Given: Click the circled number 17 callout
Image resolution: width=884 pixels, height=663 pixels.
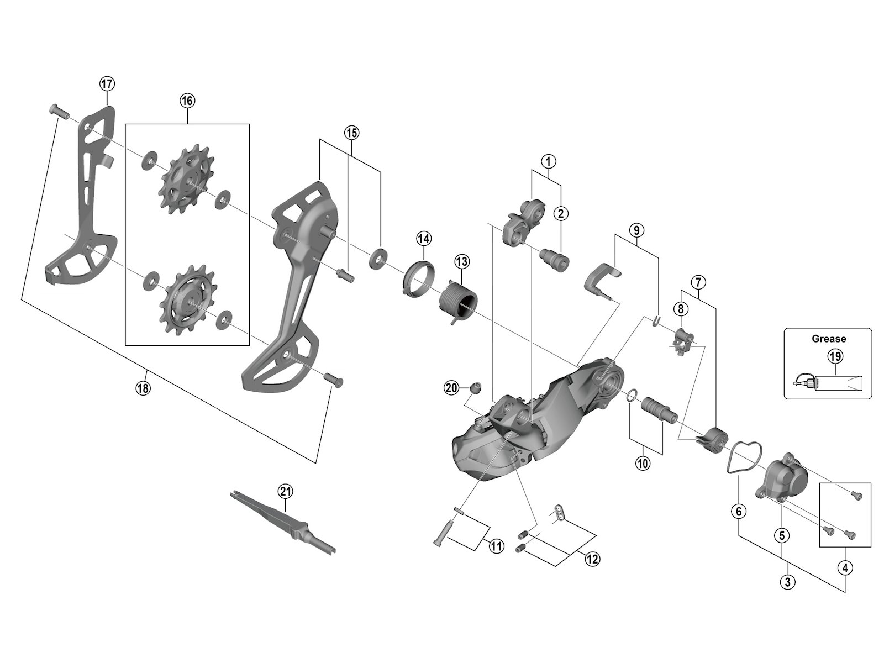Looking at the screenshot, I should point(107,84).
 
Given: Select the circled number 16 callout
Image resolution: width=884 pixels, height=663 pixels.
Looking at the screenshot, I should point(187,101).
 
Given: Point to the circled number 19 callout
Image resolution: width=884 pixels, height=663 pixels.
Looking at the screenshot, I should point(835,357).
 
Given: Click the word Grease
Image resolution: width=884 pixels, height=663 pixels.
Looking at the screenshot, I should point(828,339).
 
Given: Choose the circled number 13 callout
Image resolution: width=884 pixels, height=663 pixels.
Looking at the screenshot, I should point(461,260).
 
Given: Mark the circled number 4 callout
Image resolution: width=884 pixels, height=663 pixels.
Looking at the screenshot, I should point(845,566).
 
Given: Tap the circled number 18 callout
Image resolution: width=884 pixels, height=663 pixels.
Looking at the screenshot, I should point(143,388).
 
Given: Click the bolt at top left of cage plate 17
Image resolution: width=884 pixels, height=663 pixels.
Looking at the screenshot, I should point(57,110).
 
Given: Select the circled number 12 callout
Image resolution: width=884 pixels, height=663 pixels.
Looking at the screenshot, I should point(592,559).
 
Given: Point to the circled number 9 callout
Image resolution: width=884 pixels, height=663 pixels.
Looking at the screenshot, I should point(636,229).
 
